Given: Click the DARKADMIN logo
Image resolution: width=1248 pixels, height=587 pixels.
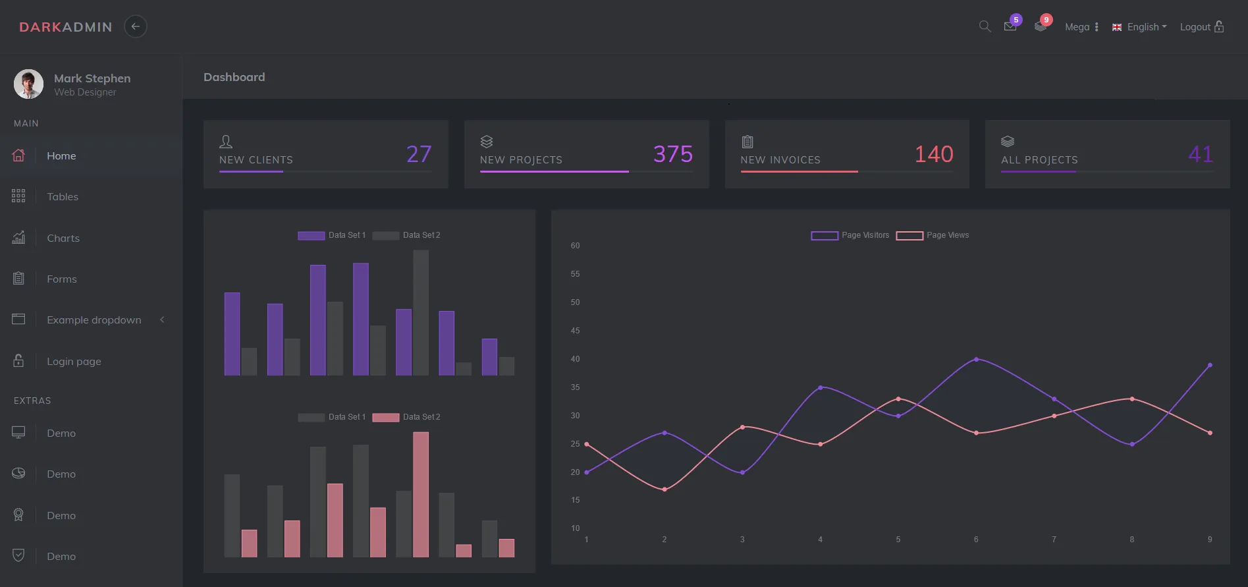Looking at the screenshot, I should coord(66,27).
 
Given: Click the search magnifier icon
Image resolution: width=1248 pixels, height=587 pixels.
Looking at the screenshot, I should coord(985,26).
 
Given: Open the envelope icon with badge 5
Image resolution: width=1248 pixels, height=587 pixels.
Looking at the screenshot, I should coord(1010,26).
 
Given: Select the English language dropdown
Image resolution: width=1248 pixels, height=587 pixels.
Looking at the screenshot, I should coord(1140,27).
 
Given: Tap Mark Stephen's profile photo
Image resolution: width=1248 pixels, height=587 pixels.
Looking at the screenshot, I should coord(28,84).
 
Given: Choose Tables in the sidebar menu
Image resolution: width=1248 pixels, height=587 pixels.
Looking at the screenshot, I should coord(63,197).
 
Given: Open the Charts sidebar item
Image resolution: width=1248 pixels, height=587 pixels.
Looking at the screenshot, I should coord(63,238).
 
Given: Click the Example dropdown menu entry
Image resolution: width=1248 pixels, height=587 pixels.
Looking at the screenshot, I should coord(94,320).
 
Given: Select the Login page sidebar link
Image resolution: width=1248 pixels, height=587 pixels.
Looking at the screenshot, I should coord(74,362).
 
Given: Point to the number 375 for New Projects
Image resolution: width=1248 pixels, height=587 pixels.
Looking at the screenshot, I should coord(672,154).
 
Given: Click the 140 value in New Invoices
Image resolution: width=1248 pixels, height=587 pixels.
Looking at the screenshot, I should coord(933,154).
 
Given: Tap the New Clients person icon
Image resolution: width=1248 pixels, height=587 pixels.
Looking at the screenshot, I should coord(226,142).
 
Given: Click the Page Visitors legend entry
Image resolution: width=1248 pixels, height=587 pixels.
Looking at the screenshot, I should coord(850,235).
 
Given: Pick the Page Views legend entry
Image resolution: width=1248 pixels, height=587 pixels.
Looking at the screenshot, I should coord(933,235).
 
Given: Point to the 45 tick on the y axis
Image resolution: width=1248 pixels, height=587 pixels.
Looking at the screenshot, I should coord(575,331).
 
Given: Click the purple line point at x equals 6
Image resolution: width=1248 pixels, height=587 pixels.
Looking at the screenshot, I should coord(976,359).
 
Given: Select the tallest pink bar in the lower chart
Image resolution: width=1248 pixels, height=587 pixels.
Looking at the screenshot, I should coord(421,494).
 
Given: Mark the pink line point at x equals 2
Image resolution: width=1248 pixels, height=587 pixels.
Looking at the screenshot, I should coord(665,489).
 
